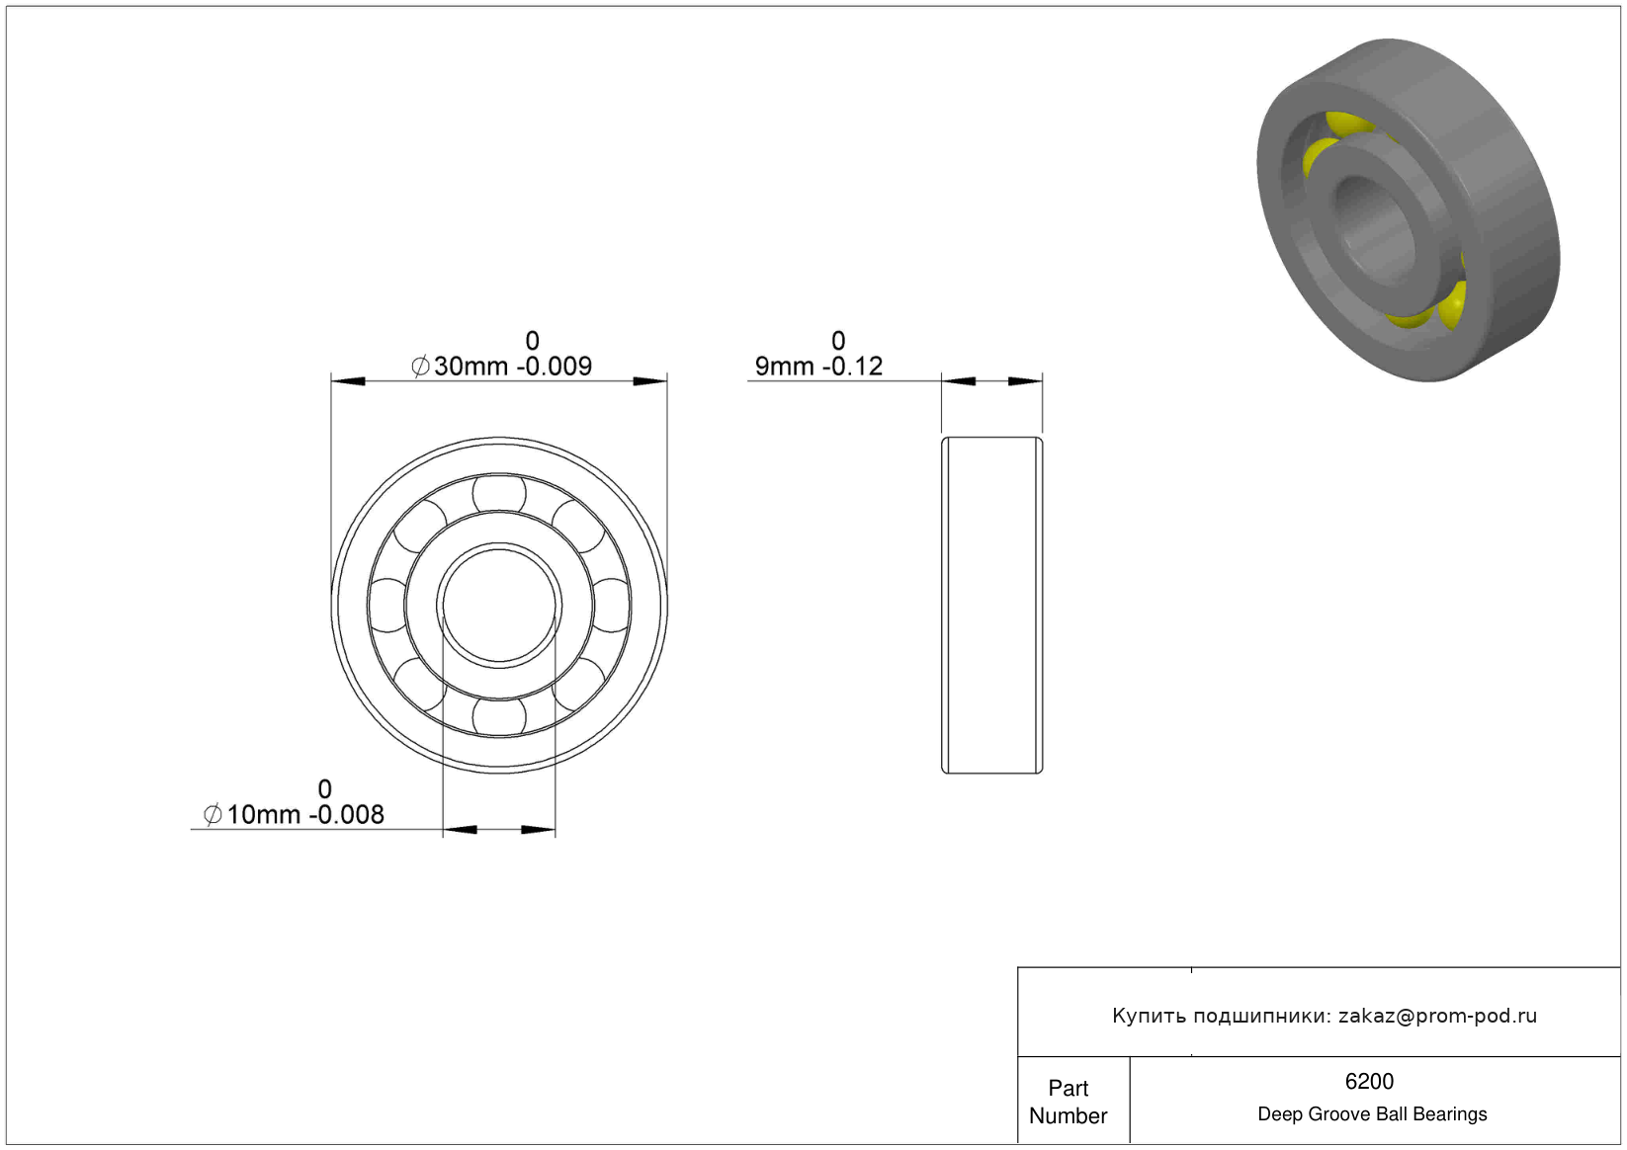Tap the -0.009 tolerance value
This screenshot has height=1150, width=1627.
(555, 366)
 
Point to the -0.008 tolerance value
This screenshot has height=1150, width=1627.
(347, 814)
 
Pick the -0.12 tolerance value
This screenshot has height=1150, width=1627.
(852, 366)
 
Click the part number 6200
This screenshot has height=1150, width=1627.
(1369, 1081)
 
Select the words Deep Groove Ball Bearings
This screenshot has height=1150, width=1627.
(1372, 1113)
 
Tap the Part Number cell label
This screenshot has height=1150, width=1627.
(1068, 1102)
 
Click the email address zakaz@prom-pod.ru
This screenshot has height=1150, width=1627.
(1437, 1016)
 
